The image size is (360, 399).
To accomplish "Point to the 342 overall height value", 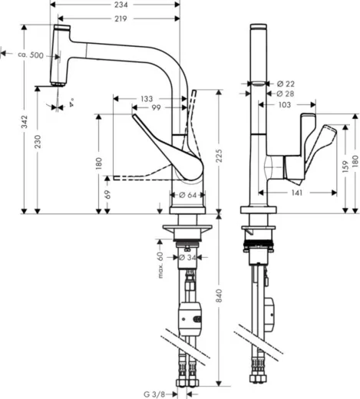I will point(25,121).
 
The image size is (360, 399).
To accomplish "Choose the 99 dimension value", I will point(156,109).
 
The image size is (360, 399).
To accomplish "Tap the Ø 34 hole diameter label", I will point(187,257).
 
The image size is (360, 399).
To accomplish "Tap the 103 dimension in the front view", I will point(284,104).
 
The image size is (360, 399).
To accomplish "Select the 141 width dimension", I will point(297,193).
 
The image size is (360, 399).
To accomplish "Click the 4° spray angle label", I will point(71,101).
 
